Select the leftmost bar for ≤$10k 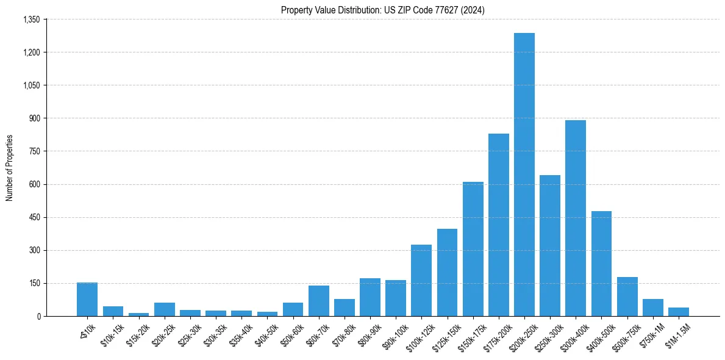pos(87,300)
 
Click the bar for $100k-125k pos(421,280)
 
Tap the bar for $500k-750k pos(627,297)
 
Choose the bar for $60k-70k pos(318,301)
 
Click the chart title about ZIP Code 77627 pos(383,10)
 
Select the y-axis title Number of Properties pos(10,168)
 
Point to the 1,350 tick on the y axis pos(31,20)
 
